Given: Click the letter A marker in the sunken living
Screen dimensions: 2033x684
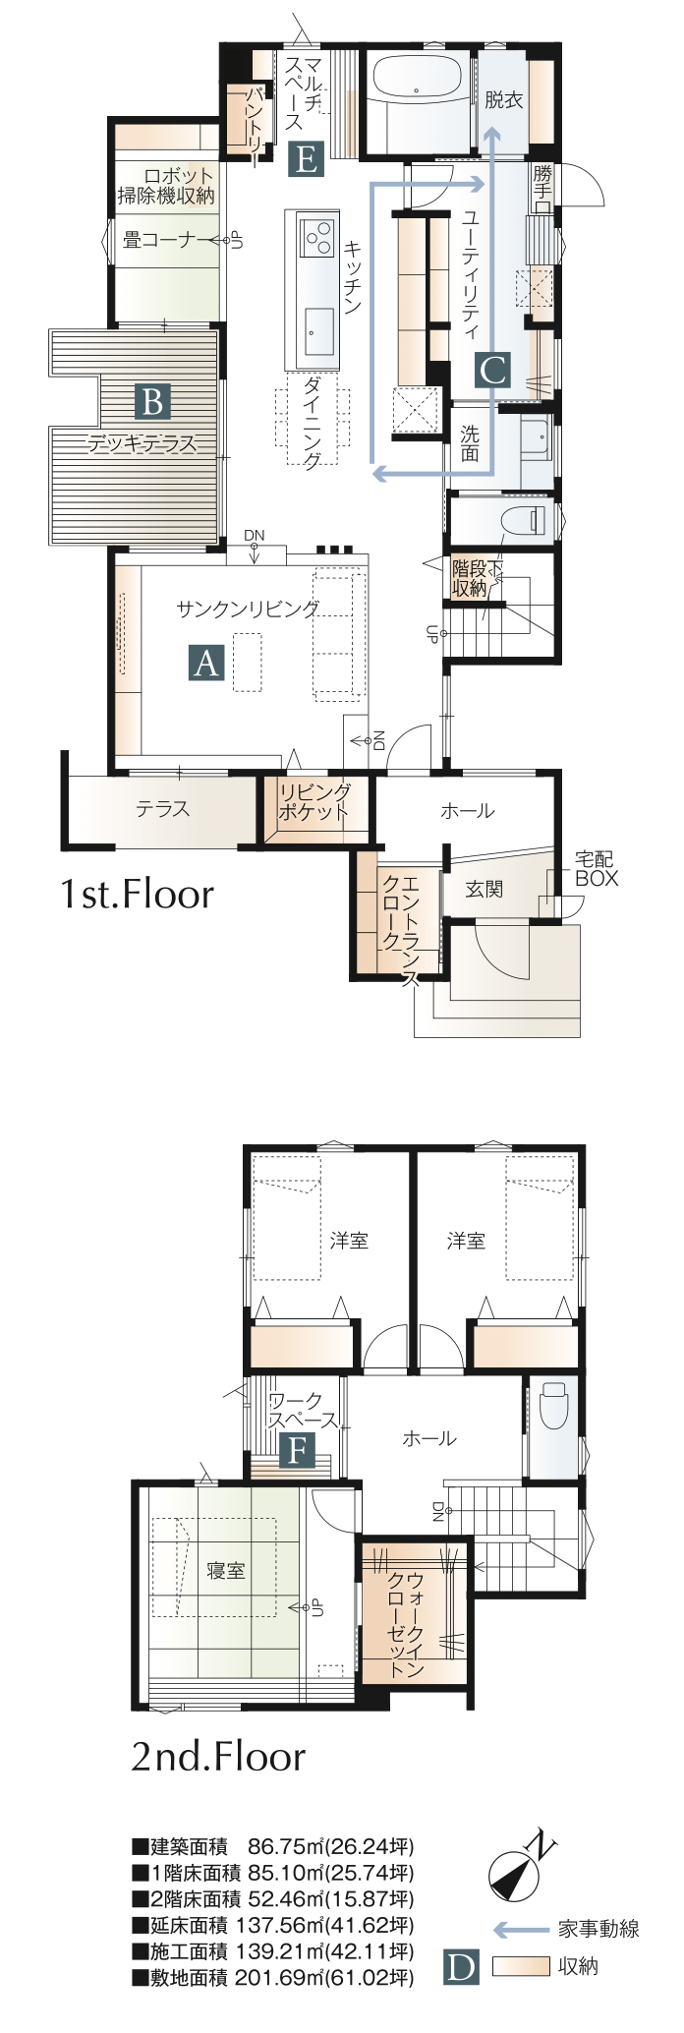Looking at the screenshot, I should [x=206, y=664].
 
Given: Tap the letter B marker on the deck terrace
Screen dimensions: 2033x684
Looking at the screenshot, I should [x=152, y=402].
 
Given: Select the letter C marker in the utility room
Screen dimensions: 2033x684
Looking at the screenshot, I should [x=492, y=370].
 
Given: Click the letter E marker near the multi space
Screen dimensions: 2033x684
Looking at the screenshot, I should [x=307, y=159].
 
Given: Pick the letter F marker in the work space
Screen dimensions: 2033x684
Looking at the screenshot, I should [x=298, y=1450].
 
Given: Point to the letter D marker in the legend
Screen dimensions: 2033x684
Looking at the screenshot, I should [x=461, y=1967].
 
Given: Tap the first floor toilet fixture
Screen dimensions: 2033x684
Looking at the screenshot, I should [x=525, y=520].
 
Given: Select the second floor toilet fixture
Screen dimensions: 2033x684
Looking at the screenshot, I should [x=554, y=1405].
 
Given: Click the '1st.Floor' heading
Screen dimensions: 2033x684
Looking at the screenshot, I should [x=137, y=895].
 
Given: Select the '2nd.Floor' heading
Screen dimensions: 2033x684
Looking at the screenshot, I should [x=218, y=1757].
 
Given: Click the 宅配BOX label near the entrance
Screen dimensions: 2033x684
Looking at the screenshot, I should [x=596, y=870].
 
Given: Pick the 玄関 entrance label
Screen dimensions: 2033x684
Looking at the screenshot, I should [x=484, y=889].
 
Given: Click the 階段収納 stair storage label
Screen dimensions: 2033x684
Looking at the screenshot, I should [x=471, y=578].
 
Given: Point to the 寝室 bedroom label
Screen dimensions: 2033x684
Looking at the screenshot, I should [x=225, y=1571].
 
